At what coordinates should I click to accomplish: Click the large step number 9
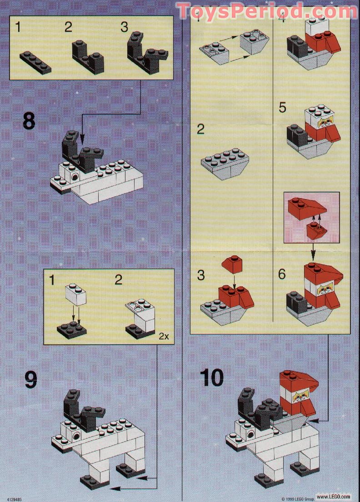pos(30,379)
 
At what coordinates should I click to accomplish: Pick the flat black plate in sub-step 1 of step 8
pos(35,62)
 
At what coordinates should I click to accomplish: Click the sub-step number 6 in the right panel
pos(282,274)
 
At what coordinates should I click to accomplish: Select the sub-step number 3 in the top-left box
pos(124,27)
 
